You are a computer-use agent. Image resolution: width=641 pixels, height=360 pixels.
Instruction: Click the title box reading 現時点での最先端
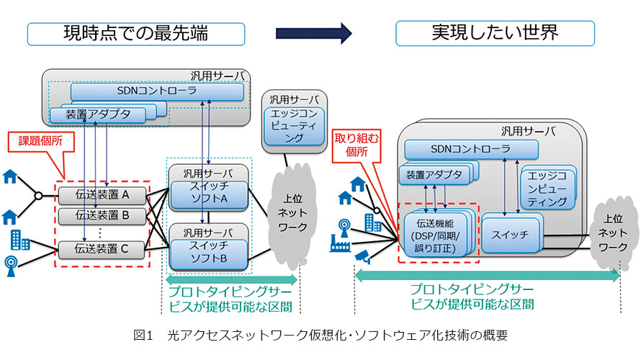[x=135, y=34]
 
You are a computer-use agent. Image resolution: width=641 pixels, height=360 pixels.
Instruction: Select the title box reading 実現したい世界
[x=495, y=33]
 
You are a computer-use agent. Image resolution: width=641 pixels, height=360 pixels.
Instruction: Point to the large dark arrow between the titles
[x=313, y=33]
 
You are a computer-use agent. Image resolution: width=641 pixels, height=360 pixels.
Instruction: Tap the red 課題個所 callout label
[x=41, y=141]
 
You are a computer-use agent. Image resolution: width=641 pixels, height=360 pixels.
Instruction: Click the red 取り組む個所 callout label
[x=357, y=145]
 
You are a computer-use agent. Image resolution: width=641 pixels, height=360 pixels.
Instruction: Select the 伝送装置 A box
[x=102, y=195]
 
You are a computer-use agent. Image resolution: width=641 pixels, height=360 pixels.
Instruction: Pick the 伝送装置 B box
[x=102, y=216]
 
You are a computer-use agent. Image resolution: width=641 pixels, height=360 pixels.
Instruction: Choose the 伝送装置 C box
[x=102, y=249]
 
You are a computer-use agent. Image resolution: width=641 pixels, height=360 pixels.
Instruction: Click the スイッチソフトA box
[x=209, y=194]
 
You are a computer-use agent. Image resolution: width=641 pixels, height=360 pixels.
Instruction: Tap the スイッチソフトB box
[x=209, y=253]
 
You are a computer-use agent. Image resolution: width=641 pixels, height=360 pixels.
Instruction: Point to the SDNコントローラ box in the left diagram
[x=157, y=91]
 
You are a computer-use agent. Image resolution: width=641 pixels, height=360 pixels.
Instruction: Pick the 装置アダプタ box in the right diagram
[x=434, y=175]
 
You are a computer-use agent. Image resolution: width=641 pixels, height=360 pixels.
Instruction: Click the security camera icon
[x=362, y=256]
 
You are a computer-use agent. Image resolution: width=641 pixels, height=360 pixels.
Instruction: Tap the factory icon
[x=340, y=243]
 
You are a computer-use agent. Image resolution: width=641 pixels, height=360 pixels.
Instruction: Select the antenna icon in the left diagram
[x=11, y=266]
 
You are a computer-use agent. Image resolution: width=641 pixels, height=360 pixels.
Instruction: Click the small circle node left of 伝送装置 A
[x=38, y=196]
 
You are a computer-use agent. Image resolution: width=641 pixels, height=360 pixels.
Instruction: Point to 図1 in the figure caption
[x=143, y=336]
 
